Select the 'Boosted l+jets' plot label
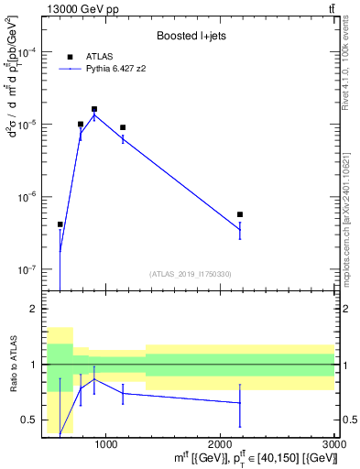click(191, 35)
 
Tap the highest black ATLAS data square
click(94, 109)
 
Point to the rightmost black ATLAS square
click(240, 214)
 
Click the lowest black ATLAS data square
click(60, 224)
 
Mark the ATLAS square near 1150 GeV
click(123, 127)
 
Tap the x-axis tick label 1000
click(105, 444)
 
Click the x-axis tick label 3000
click(333, 444)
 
